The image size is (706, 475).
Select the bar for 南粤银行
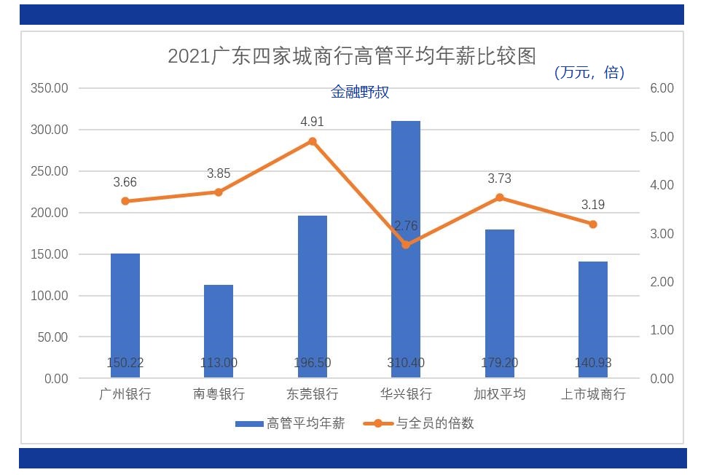pos(219,331)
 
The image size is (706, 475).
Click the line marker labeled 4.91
pos(313,141)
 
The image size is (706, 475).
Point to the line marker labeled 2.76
pos(406,245)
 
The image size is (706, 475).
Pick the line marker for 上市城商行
pos(593,224)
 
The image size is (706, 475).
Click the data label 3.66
pos(125,182)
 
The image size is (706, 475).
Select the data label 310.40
pos(406,363)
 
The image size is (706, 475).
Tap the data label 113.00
pos(219,363)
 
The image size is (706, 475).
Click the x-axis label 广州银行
pos(125,394)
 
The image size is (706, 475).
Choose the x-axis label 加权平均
pos(499,394)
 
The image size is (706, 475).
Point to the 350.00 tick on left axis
pos(49,88)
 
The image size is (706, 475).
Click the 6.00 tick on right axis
pos(662,88)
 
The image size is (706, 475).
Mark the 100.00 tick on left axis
pos(49,296)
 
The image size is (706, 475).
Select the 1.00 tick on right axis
pos(662,330)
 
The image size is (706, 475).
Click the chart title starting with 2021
pos(352,56)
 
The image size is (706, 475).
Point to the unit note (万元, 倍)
pos(589,72)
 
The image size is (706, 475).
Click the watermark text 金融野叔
pos(360,93)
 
